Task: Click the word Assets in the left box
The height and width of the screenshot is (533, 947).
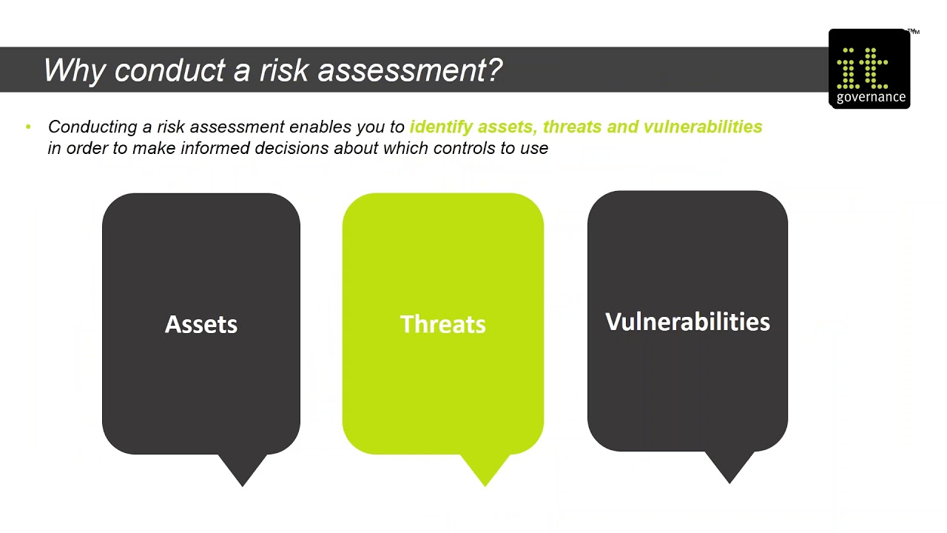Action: (200, 324)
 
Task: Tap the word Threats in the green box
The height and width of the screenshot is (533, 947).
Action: (442, 324)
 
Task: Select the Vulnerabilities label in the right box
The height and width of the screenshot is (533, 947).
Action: (687, 322)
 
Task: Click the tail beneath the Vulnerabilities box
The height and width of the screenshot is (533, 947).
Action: (729, 466)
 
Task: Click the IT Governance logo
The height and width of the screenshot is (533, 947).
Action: (869, 69)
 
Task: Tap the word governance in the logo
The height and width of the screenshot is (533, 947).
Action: (871, 97)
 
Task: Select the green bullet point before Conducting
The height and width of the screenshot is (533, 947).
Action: (28, 127)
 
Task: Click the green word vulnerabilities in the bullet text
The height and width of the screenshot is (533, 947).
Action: (702, 127)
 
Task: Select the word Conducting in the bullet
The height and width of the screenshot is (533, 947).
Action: (92, 127)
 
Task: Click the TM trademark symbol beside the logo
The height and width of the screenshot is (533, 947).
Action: (913, 32)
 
